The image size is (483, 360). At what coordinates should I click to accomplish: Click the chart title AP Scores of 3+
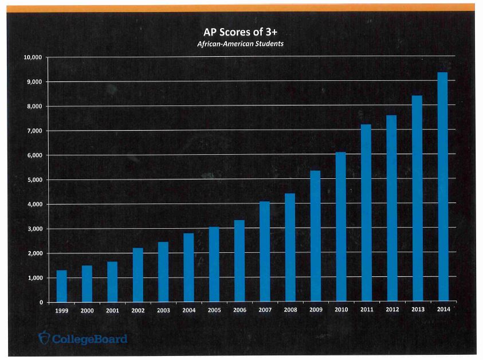pyautogui.click(x=241, y=32)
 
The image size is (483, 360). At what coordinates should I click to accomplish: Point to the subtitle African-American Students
pyautogui.click(x=241, y=44)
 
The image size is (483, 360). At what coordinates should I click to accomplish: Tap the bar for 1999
pyautogui.click(x=62, y=286)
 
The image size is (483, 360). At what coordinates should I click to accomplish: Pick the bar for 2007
pyautogui.click(x=265, y=252)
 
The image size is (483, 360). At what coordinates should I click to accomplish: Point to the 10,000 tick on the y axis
pyautogui.click(x=33, y=57)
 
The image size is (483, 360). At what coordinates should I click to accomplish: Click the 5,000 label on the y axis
pyautogui.click(x=35, y=180)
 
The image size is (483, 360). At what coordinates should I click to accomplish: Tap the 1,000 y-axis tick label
pyautogui.click(x=35, y=278)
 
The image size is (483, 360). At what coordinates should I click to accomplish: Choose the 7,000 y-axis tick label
pyautogui.click(x=35, y=131)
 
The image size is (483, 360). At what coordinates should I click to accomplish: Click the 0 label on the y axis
pyautogui.click(x=41, y=302)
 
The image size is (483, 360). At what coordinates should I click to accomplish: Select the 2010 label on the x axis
pyautogui.click(x=341, y=310)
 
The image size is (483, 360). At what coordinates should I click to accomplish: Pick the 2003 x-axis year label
pyautogui.click(x=163, y=311)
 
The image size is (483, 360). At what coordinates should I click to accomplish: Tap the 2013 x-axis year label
pyautogui.click(x=418, y=310)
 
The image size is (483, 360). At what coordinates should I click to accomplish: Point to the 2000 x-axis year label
pyautogui.click(x=87, y=311)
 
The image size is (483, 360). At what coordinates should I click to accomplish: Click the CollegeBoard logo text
pyautogui.click(x=89, y=339)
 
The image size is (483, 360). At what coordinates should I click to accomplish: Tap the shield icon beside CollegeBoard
pyautogui.click(x=44, y=338)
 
